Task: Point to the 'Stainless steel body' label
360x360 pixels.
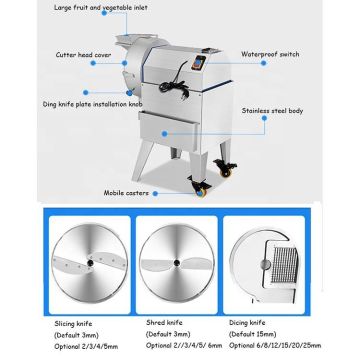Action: (x=273, y=110)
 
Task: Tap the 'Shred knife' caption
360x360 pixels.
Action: (x=164, y=324)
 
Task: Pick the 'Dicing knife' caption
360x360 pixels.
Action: (x=248, y=324)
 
